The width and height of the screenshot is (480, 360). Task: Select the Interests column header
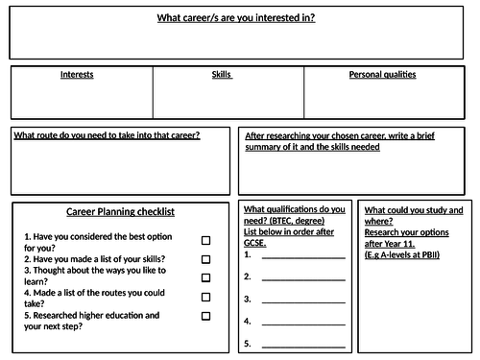tap(77, 74)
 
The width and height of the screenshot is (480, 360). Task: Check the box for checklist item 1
tap(205, 241)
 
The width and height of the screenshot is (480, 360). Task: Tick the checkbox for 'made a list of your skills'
tap(205, 259)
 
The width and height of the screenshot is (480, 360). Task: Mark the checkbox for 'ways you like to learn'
tap(205, 277)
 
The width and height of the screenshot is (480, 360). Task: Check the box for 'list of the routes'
tap(205, 297)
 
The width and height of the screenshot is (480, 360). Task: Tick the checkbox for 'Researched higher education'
tap(205, 315)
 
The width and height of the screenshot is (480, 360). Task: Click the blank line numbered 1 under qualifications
tap(302, 257)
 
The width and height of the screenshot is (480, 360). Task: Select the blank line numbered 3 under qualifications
tap(302, 300)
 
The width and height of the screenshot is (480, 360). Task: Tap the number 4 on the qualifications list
tap(248, 320)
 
